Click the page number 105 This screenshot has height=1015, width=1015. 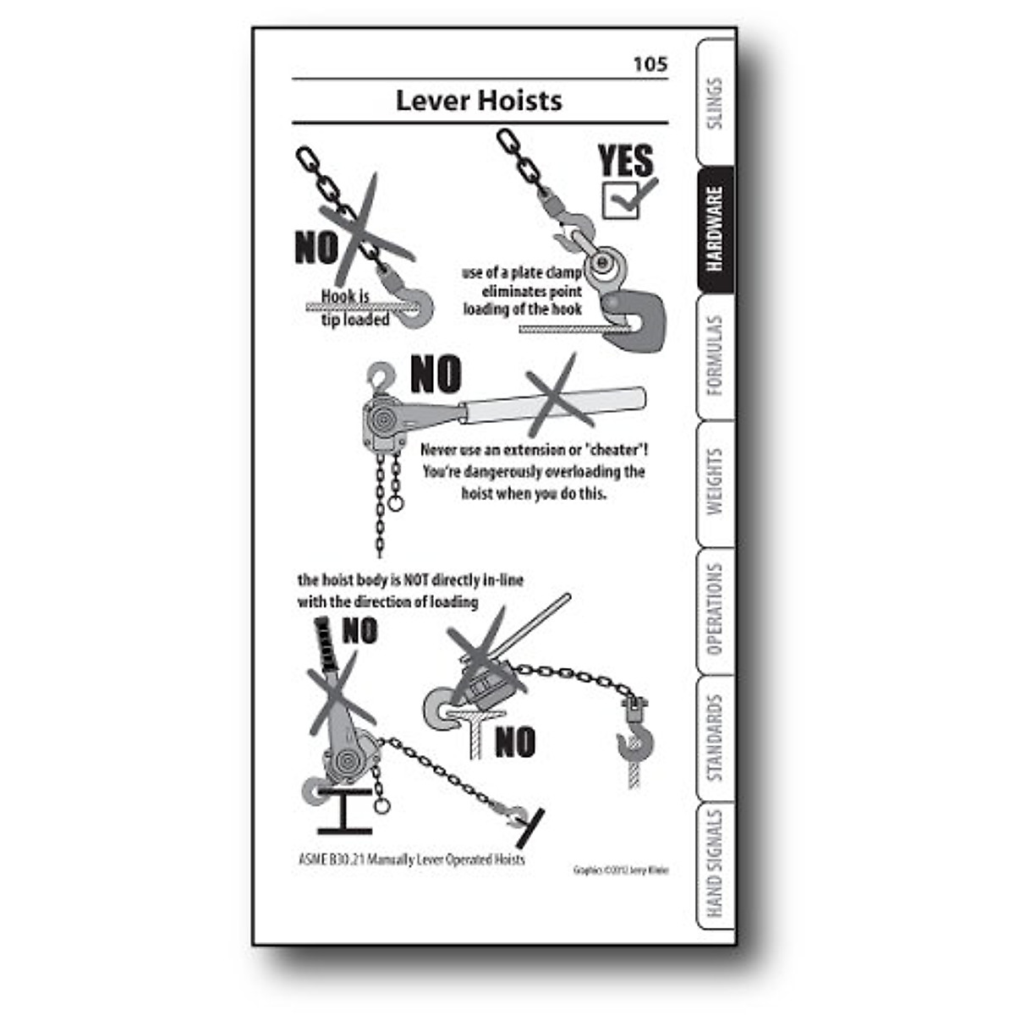[x=650, y=64]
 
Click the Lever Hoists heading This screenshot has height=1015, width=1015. [x=479, y=101]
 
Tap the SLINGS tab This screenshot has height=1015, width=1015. [x=716, y=103]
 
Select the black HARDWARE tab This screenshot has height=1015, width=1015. [x=716, y=229]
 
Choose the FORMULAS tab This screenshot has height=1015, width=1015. [x=716, y=356]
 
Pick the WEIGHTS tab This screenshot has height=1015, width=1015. [x=716, y=482]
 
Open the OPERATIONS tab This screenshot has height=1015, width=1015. [x=716, y=610]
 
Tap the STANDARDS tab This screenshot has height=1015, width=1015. [x=716, y=738]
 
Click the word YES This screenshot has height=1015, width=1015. [x=625, y=161]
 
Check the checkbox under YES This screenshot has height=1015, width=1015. [x=621, y=201]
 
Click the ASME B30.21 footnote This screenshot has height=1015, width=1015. [x=412, y=859]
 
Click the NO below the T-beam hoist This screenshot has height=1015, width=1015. [x=515, y=743]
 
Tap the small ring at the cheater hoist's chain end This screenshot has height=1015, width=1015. [x=396, y=505]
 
